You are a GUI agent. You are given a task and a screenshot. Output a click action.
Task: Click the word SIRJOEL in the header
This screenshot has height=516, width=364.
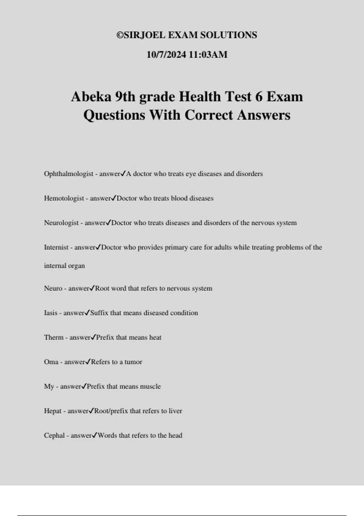(x=145, y=35)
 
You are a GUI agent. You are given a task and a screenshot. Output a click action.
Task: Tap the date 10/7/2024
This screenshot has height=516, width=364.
(x=166, y=55)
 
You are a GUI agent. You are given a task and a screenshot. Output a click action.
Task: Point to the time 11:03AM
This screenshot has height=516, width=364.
(x=208, y=55)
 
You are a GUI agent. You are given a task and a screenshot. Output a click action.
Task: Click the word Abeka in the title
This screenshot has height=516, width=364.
(x=91, y=97)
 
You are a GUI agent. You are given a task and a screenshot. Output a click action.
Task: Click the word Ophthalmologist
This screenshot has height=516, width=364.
(x=69, y=174)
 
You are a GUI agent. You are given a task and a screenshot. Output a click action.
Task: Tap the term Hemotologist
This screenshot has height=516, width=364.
(x=64, y=199)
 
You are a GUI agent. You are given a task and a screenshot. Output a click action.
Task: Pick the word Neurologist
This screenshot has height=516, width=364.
(x=61, y=223)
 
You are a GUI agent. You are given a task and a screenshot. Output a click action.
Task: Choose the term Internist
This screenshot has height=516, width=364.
(x=56, y=247)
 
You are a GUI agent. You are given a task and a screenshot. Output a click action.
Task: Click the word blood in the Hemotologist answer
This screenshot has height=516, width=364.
(x=179, y=199)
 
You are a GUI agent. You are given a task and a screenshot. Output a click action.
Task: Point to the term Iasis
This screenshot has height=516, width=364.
(x=51, y=313)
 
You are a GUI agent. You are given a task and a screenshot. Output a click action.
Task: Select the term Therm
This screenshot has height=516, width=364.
(x=54, y=338)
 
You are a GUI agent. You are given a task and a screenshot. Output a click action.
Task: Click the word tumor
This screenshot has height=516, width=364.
(x=133, y=362)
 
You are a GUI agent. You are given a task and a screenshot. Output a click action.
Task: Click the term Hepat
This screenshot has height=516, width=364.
(x=53, y=411)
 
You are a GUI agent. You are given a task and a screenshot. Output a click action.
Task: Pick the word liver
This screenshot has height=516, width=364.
(x=175, y=411)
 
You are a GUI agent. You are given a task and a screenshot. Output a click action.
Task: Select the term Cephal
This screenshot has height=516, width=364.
(x=54, y=436)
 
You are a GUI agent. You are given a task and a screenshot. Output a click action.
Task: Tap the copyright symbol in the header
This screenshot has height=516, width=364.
(x=120, y=35)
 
